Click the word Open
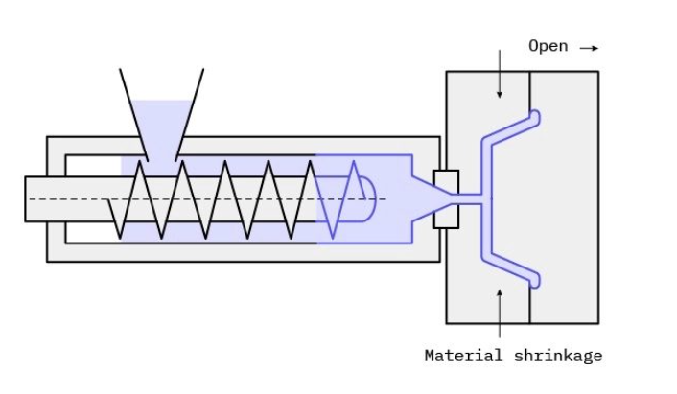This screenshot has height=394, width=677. click(x=548, y=46)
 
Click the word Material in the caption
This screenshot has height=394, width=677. click(x=463, y=356)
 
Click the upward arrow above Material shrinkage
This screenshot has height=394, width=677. click(x=499, y=307)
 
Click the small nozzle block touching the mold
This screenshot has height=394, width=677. click(x=446, y=199)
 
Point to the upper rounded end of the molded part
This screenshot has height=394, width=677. click(x=535, y=118)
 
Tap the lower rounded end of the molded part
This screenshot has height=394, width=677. click(x=535, y=280)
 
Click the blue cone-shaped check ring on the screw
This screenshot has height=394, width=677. click(x=342, y=199)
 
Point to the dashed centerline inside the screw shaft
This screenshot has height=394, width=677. click(x=77, y=199)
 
